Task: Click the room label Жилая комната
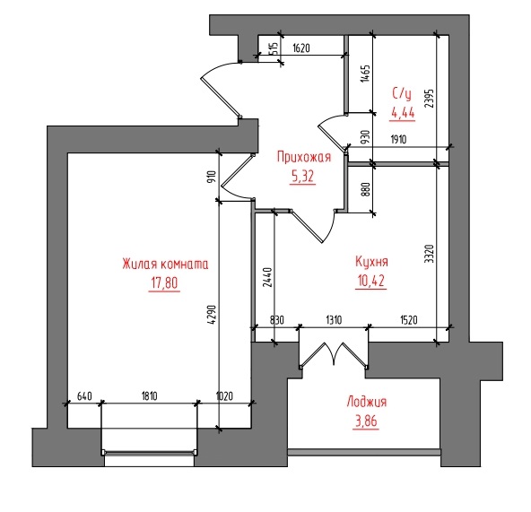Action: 165,264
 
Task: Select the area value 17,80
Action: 164,283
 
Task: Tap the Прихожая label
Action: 304,157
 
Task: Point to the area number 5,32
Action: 302,176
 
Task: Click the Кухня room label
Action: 371,262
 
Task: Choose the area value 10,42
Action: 370,281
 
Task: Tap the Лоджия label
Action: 367,402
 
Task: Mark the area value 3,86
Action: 366,421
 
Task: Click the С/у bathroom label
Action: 402,92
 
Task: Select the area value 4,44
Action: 403,112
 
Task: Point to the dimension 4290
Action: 212,315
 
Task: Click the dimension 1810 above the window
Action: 149,395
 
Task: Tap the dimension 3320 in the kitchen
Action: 429,254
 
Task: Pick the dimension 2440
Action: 267,278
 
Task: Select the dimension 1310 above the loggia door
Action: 334,320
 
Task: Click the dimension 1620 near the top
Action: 301,48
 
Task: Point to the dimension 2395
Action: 429,99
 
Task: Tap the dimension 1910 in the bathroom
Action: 398,139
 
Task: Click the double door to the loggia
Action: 334,355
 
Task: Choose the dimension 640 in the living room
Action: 84,395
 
